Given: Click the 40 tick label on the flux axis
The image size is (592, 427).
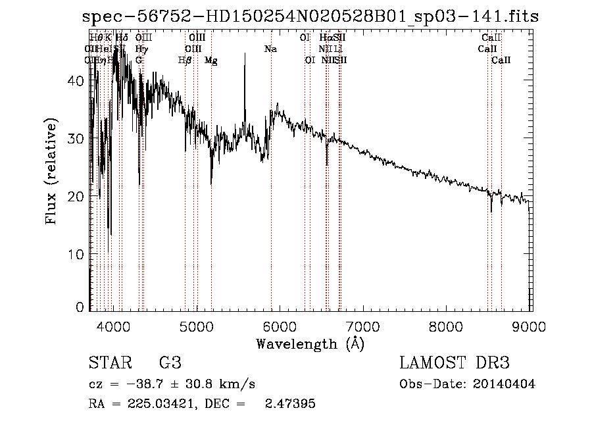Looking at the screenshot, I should coord(76,80).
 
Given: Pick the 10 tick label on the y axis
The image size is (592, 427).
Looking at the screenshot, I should coord(76,253).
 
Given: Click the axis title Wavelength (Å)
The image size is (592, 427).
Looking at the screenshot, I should coord(310,343).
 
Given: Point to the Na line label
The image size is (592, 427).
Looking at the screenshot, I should coord(270,49).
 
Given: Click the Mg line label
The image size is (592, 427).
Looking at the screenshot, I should coord(211,60).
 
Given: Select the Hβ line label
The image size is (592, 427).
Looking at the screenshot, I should coord(185,60).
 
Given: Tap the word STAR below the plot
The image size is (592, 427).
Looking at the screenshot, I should coord(109,363).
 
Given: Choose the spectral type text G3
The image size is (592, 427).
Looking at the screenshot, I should coord(170,363).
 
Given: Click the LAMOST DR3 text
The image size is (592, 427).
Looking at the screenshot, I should coord(455,363).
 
